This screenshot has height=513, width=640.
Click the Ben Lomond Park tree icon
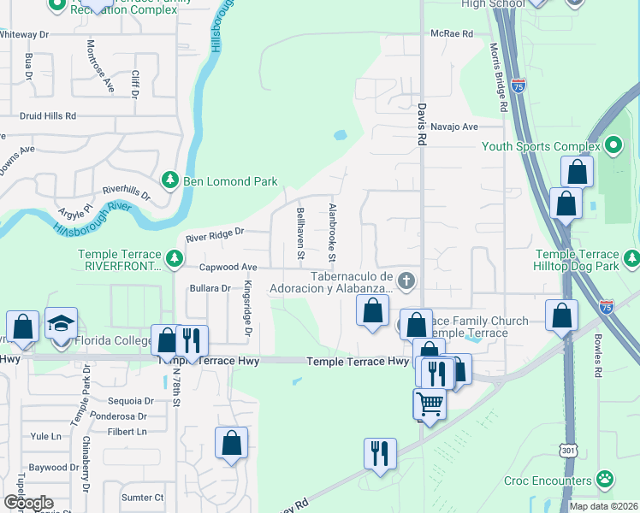[x=169, y=180]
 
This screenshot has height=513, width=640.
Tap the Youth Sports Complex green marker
[x=613, y=145]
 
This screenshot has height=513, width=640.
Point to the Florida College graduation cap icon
[x=62, y=324]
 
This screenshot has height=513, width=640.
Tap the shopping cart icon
[x=430, y=404]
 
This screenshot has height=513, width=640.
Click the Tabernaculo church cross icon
[x=406, y=280]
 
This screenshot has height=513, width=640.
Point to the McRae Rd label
[x=452, y=33]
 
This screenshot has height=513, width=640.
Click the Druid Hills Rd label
[x=48, y=115]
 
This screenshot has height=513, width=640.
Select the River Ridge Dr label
[x=215, y=232]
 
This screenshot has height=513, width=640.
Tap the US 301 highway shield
[x=568, y=449]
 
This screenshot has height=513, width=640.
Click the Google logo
[x=27, y=502]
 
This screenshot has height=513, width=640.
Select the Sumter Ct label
[x=142, y=497]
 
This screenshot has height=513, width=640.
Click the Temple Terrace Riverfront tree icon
[x=174, y=257]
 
